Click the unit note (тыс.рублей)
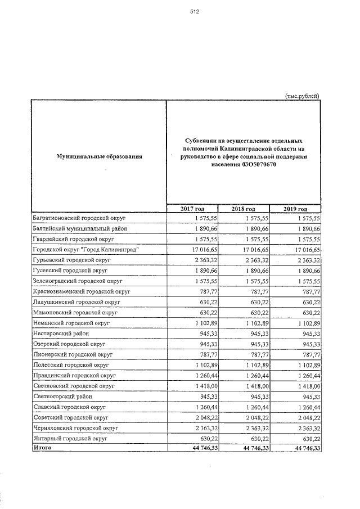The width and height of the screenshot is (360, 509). click(x=303, y=96)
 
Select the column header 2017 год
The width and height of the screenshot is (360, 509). click(x=191, y=209)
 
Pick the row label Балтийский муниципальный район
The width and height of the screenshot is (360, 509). click(x=80, y=228)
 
